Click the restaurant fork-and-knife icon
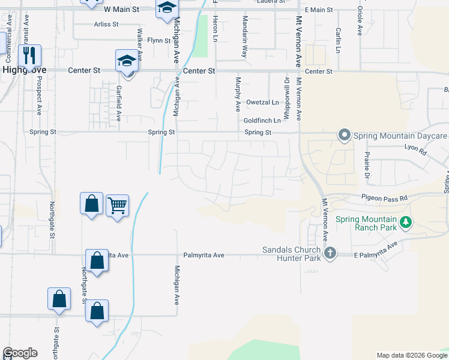pos(29,55)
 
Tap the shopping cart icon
pos(117,206)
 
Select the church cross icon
pos(330,253)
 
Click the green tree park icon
pos(406,223)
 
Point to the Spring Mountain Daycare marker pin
pos(344,135)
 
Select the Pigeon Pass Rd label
pos(384,197)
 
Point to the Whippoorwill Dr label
pos(286,94)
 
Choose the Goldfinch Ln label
pos(262,121)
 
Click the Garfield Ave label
pos(119,103)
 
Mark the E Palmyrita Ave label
pos(376,250)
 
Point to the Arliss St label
pos(106,25)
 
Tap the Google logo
pos(20,353)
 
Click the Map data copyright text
pos(411,355)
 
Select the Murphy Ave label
pos(238,94)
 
